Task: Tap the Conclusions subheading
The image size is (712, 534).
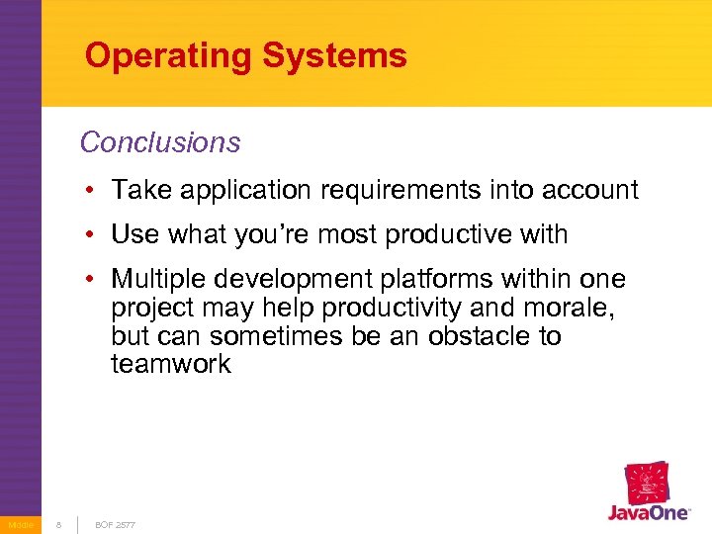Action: click(160, 142)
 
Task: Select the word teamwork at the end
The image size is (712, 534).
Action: click(171, 365)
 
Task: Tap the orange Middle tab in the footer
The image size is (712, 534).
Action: click(20, 524)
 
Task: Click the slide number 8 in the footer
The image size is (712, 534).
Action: click(58, 524)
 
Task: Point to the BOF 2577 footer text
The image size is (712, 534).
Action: click(115, 524)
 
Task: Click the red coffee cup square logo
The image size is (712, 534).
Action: click(648, 484)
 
